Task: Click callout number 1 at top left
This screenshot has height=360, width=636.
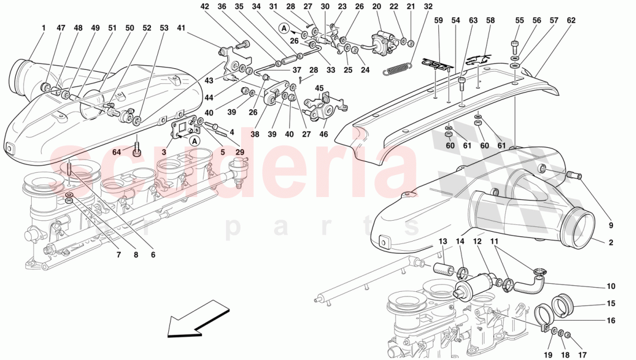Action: (44, 27)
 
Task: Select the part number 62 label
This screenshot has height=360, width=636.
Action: (571, 20)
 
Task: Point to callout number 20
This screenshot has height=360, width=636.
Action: (377, 6)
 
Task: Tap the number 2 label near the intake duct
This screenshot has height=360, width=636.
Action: (611, 243)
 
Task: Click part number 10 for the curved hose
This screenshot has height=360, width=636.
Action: (611, 286)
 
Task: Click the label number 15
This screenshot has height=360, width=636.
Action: (611, 303)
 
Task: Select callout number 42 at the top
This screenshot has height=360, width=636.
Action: (205, 6)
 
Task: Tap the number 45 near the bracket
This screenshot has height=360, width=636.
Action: (319, 88)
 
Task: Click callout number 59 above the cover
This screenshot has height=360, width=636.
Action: (439, 20)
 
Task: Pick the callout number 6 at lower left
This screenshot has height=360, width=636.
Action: (154, 254)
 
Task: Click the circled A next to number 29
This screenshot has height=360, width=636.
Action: (194, 140)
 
